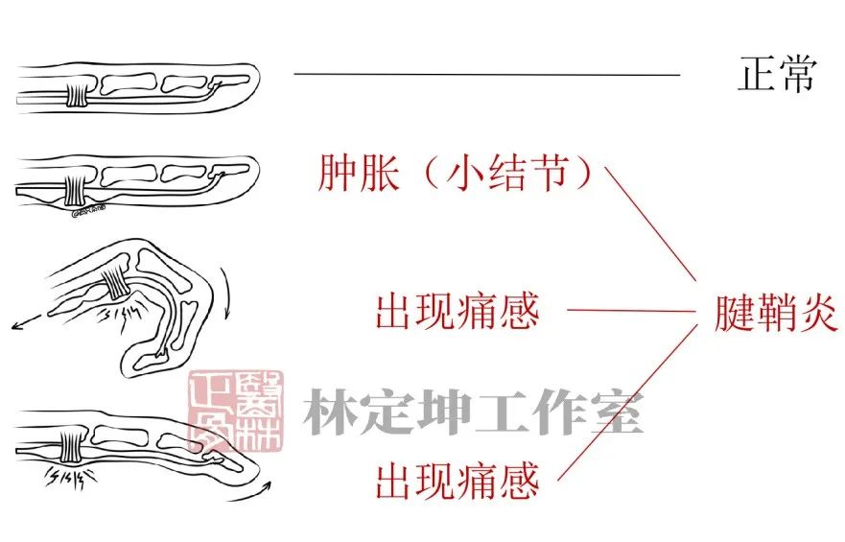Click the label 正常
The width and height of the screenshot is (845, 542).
(776, 74)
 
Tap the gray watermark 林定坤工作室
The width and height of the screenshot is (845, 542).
(473, 413)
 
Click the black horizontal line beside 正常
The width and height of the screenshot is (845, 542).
(486, 74)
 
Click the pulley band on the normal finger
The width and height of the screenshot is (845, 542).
(77, 92)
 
